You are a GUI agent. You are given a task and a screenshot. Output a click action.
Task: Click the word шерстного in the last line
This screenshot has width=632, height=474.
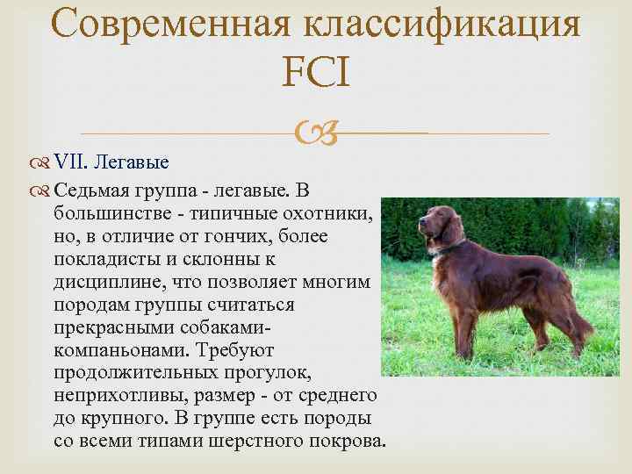(254, 442)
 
